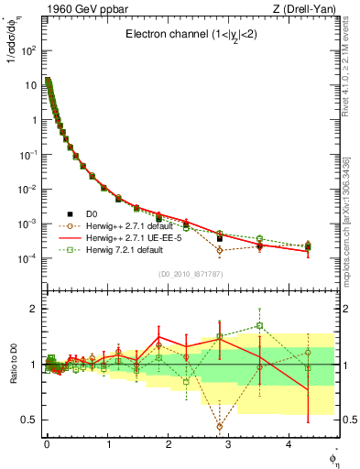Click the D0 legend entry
94,213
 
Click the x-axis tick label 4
289,443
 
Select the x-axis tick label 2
168,443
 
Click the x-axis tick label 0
47,443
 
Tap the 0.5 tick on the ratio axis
27,420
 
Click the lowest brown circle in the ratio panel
219,426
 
